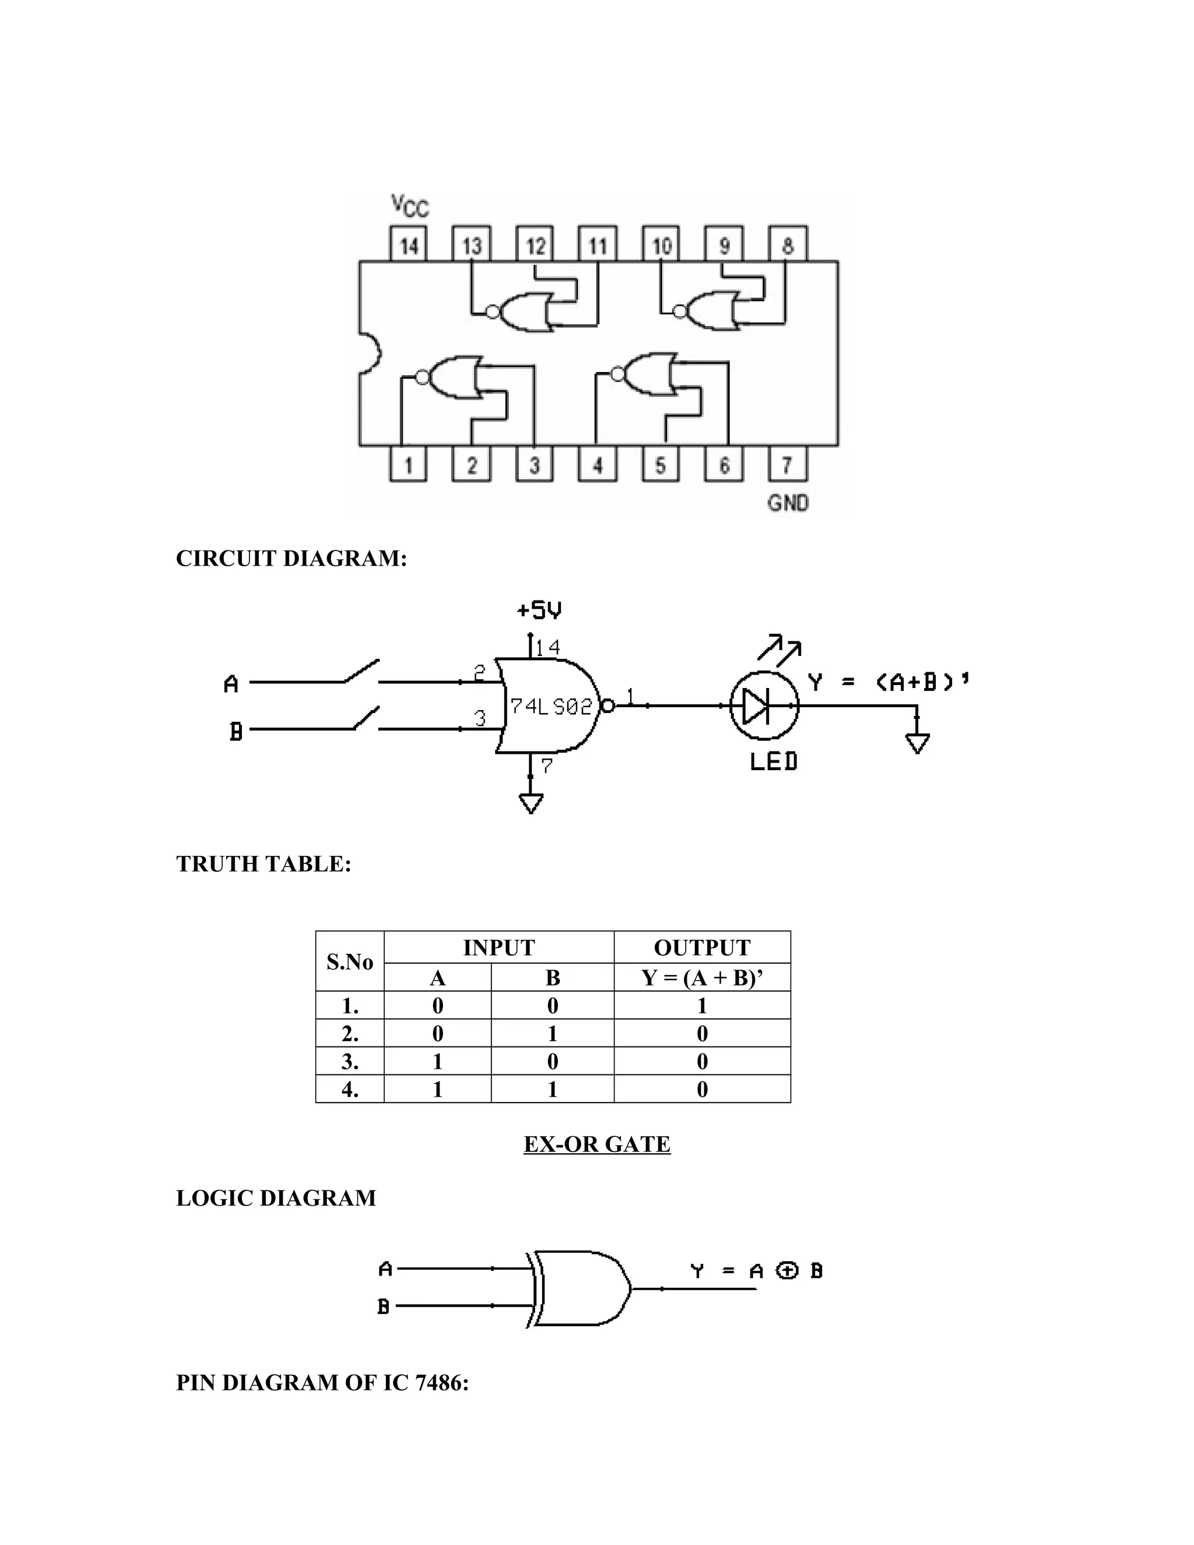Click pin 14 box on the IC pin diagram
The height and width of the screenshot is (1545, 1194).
[x=409, y=245]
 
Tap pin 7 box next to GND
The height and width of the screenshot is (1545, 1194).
[x=786, y=465]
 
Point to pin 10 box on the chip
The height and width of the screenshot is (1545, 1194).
[x=661, y=245]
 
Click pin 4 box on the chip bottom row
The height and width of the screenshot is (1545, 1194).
[x=598, y=465]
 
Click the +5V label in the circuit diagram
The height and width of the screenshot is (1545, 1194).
[x=540, y=610]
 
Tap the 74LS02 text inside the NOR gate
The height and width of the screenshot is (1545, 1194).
[x=551, y=707]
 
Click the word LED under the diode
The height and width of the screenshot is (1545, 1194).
[x=773, y=761]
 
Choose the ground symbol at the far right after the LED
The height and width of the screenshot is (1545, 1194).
[x=916, y=743]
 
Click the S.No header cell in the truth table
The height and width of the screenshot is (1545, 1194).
[x=349, y=961]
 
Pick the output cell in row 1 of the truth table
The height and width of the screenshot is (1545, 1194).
[x=702, y=1005]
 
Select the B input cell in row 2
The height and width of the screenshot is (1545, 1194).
[x=553, y=1034]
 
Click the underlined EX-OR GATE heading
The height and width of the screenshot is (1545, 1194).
[x=596, y=1144]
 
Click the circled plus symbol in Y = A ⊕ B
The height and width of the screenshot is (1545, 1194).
[x=786, y=1271]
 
